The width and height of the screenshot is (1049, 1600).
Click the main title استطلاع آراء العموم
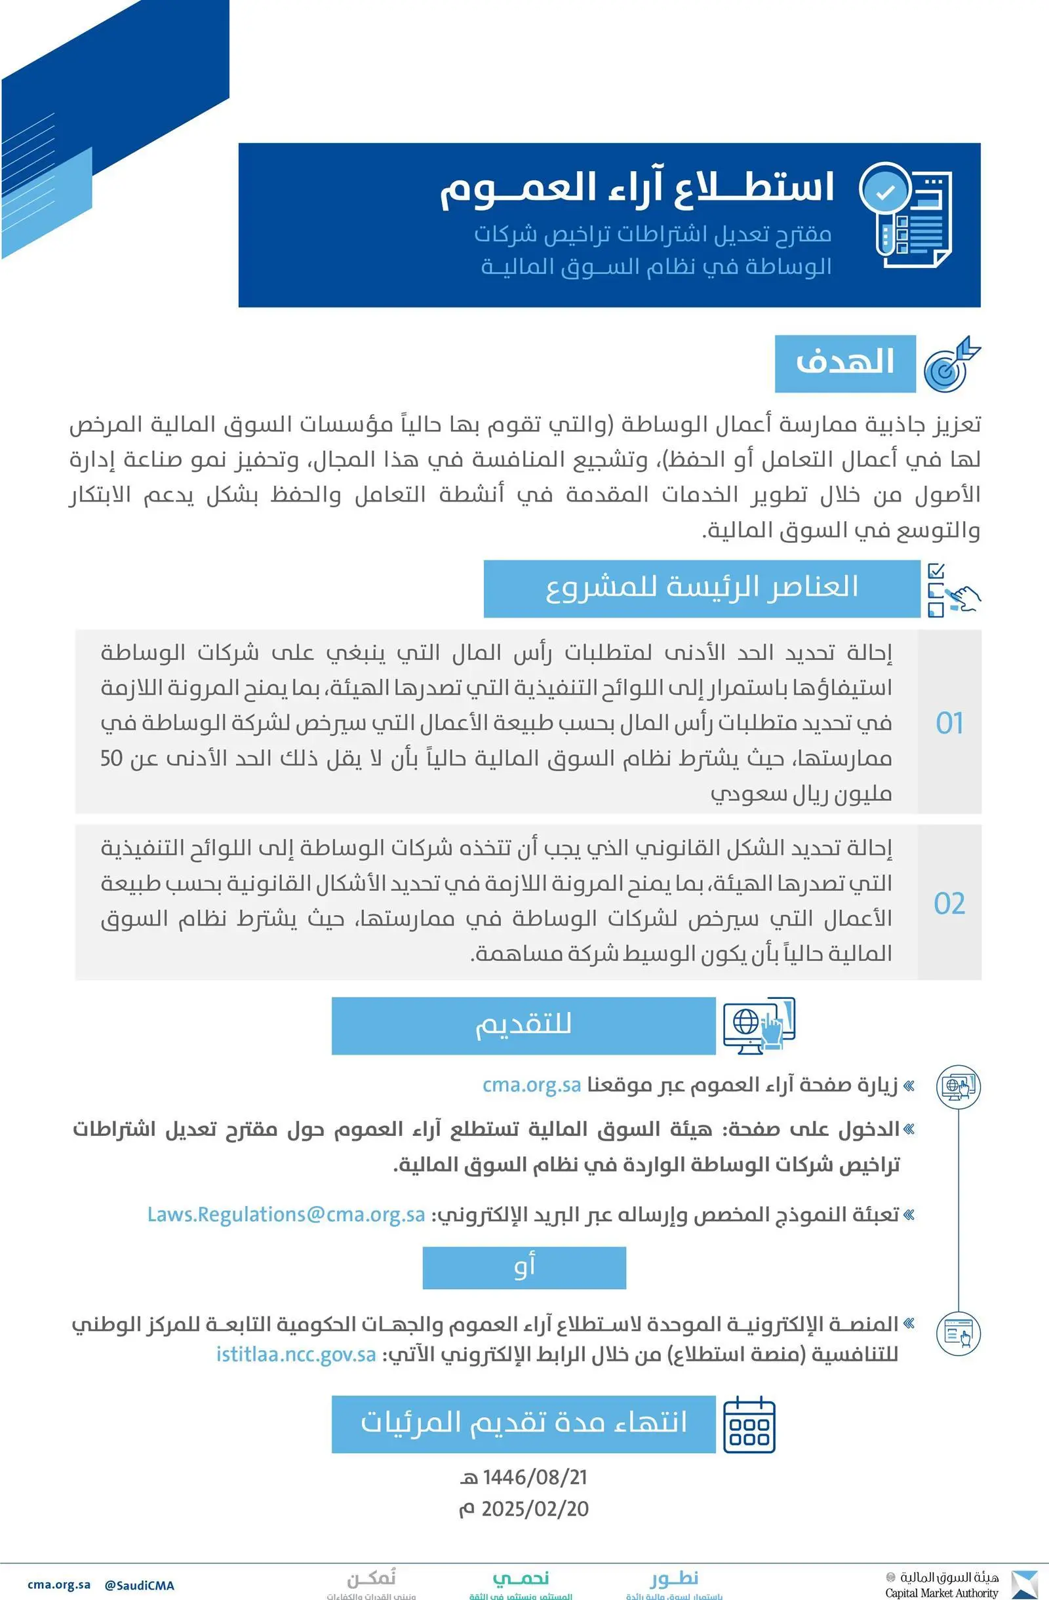(x=636, y=187)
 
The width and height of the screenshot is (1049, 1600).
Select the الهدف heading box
(x=844, y=363)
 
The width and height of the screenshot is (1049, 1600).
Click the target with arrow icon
(x=951, y=364)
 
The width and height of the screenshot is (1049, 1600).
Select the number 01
(x=949, y=723)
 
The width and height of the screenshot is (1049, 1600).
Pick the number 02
(x=949, y=903)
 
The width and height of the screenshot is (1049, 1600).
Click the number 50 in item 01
(x=111, y=758)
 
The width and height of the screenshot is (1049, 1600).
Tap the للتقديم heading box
(x=523, y=1025)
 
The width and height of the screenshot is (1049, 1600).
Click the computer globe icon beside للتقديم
(x=759, y=1025)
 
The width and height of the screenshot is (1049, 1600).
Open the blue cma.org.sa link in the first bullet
(x=531, y=1085)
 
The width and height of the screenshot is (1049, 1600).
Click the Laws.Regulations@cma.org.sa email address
(x=286, y=1214)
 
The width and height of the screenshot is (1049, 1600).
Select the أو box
(x=524, y=1268)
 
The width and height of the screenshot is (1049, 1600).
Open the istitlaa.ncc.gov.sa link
(x=296, y=1354)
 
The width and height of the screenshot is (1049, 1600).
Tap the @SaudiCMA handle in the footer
(x=139, y=1584)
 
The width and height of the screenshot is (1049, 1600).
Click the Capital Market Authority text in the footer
(x=941, y=1593)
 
